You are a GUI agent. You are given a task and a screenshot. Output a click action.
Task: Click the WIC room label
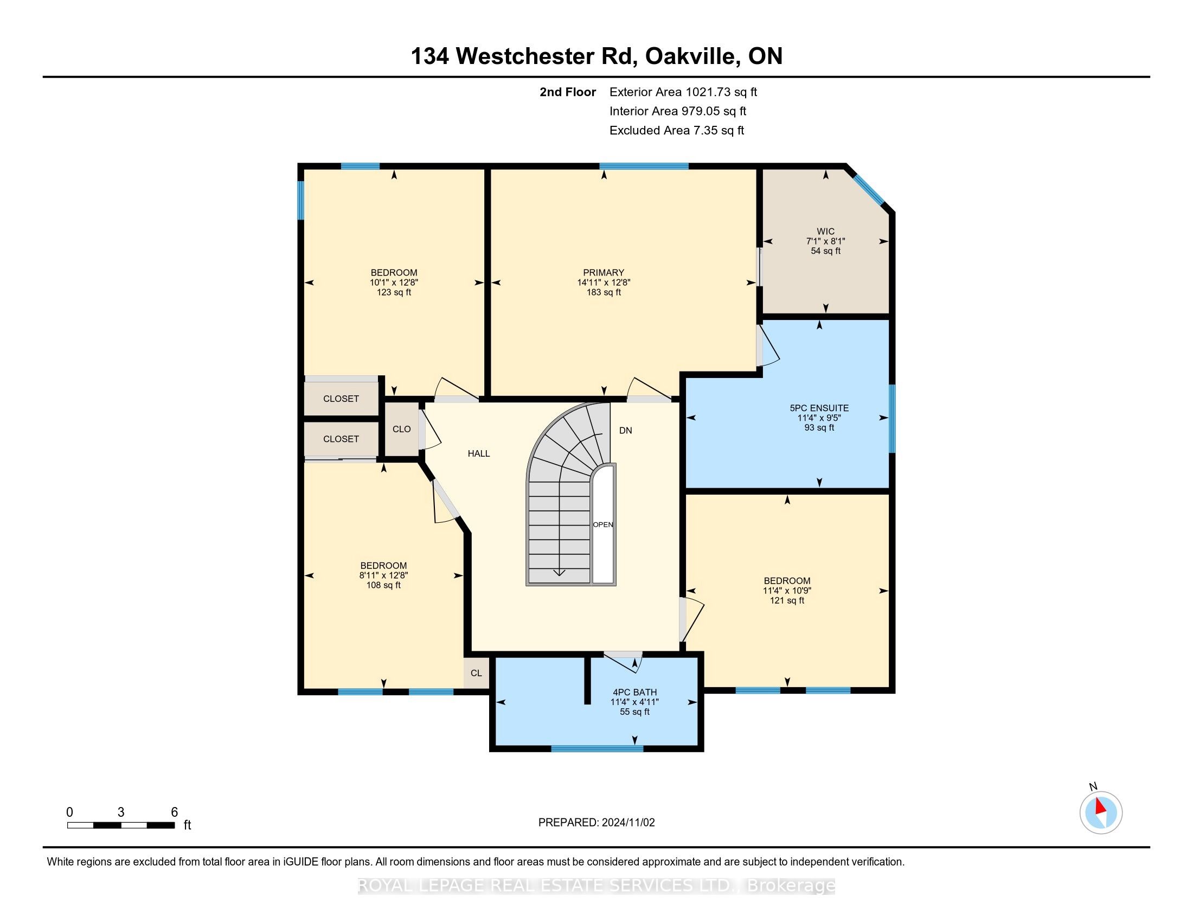pyautogui.click(x=825, y=231)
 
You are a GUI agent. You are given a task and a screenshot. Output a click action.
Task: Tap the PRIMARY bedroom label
pyautogui.click(x=604, y=273)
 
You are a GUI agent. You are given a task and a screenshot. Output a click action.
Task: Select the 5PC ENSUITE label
pyautogui.click(x=819, y=408)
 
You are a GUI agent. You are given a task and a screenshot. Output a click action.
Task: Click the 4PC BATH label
pyautogui.click(x=635, y=692)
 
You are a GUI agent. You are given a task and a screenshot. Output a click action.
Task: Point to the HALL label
pyautogui.click(x=479, y=453)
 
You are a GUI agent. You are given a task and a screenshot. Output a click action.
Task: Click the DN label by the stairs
pyautogui.click(x=625, y=431)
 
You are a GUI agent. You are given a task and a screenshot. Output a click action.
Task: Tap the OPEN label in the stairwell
pyautogui.click(x=603, y=524)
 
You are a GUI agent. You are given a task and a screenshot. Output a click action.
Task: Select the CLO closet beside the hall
pyautogui.click(x=401, y=430)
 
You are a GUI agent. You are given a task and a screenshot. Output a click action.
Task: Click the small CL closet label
pyautogui.click(x=476, y=673)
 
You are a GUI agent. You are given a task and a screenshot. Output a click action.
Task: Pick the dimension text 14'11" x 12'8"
pyautogui.click(x=604, y=283)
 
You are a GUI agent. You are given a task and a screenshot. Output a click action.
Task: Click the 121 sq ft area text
pyautogui.click(x=787, y=600)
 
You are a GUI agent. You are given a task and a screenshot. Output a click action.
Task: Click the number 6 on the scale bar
pyautogui.click(x=174, y=812)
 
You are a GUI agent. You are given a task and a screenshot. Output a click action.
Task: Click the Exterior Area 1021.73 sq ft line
pyautogui.click(x=683, y=92)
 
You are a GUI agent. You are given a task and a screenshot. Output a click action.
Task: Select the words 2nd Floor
pyautogui.click(x=568, y=92)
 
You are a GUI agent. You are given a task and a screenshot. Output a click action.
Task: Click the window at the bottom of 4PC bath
pyautogui.click(x=597, y=748)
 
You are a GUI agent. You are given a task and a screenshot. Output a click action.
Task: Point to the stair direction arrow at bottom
pyautogui.click(x=560, y=572)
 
